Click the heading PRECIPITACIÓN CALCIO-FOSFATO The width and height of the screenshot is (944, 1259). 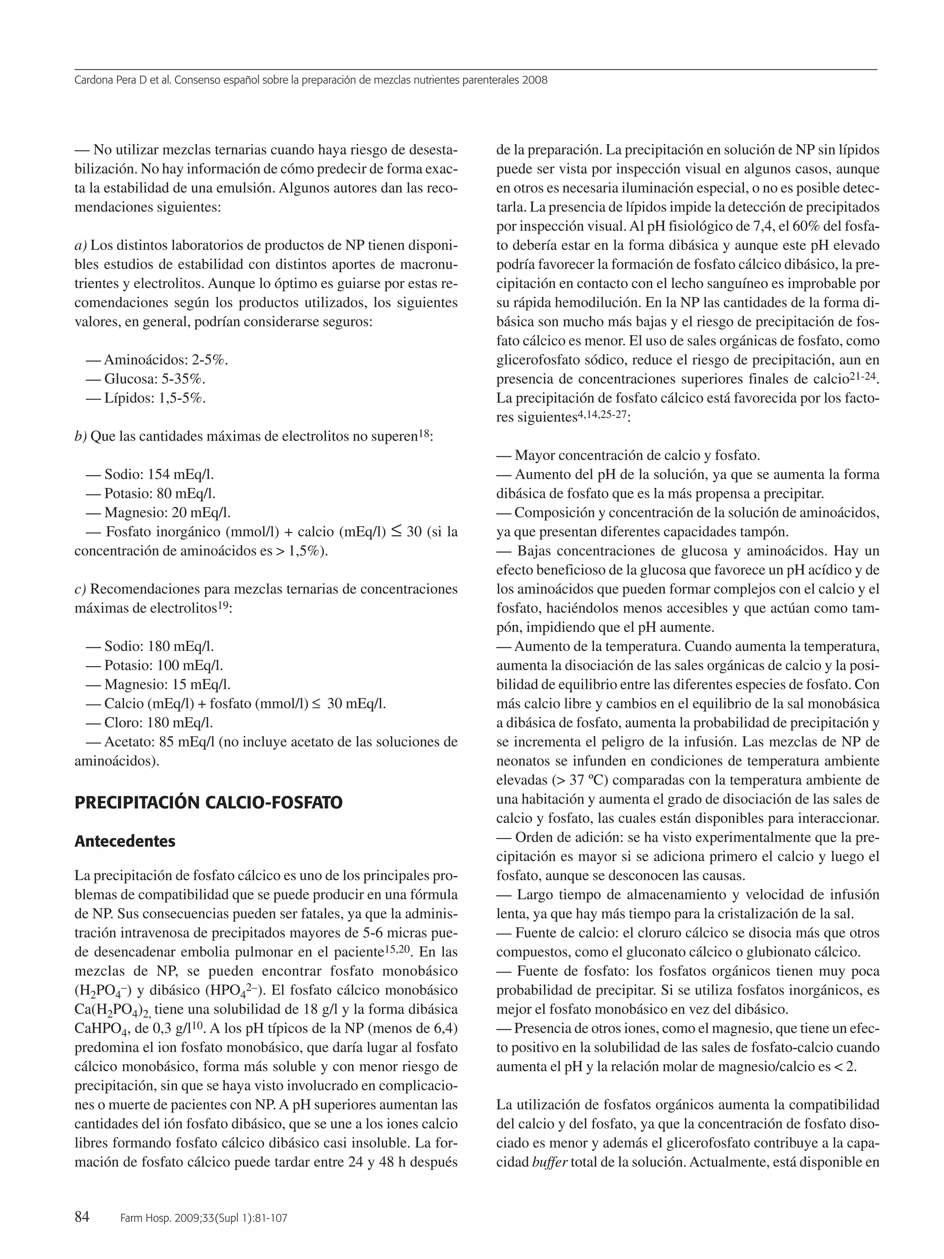(208, 803)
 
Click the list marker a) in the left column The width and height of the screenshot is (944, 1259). (81, 245)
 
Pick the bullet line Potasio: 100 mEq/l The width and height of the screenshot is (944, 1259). (155, 665)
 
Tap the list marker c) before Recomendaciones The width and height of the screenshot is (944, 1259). (80, 589)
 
